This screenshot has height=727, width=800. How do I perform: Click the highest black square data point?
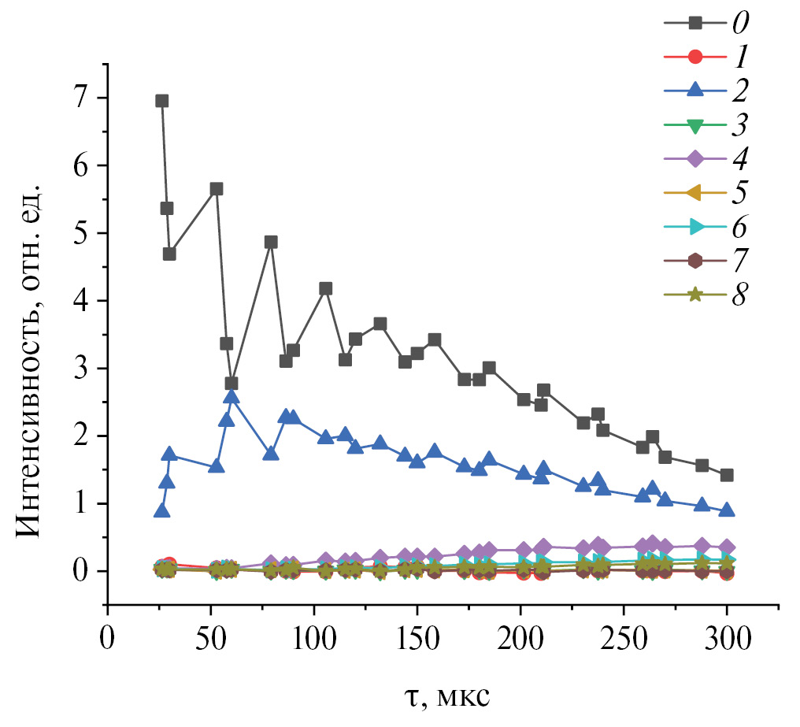pyautogui.click(x=162, y=101)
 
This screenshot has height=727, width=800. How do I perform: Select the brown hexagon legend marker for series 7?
pyautogui.click(x=695, y=261)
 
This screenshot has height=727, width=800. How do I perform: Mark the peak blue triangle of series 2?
pyautogui.click(x=231, y=395)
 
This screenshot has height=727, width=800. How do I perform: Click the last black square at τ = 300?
pyautogui.click(x=727, y=475)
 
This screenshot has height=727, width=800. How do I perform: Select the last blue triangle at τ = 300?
pyautogui.click(x=727, y=510)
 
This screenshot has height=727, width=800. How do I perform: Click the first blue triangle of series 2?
pyautogui.click(x=162, y=510)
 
